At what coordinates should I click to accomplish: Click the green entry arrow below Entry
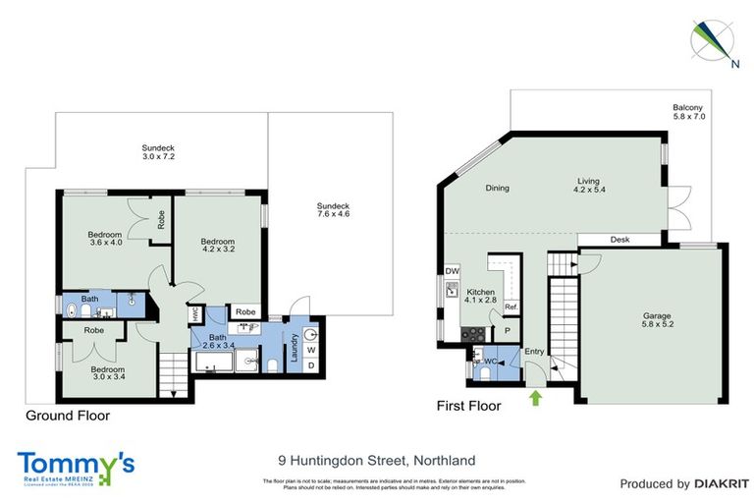(535, 398)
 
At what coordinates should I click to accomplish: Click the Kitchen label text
(482, 298)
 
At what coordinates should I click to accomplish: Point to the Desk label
(619, 240)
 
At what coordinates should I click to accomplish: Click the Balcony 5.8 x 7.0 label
(688, 111)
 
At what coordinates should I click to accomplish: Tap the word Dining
(497, 188)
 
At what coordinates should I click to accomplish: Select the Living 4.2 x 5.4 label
(589, 187)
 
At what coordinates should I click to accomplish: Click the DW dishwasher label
(452, 270)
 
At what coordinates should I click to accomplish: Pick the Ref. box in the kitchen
(511, 307)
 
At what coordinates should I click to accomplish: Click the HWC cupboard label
(194, 314)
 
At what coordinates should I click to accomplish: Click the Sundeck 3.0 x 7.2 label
(158, 152)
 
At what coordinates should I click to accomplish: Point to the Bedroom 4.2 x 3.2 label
(217, 246)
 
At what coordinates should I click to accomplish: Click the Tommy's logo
(76, 466)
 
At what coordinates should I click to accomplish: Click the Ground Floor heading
(68, 415)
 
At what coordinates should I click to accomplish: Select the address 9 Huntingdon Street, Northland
(377, 460)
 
